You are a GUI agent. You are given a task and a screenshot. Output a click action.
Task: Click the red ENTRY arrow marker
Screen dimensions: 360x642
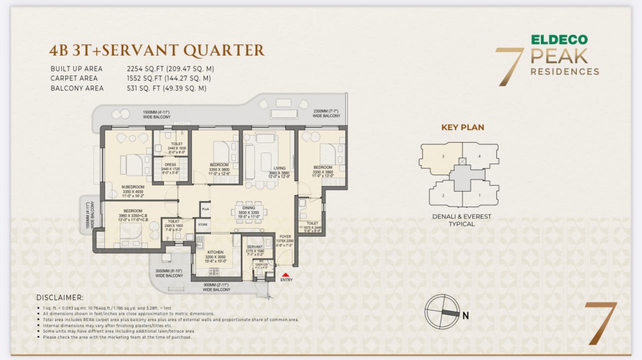(x=285, y=274)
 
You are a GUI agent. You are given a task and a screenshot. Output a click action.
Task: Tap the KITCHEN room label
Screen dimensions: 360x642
(x=215, y=252)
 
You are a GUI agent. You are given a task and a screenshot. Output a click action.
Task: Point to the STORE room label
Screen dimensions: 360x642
(x=202, y=225)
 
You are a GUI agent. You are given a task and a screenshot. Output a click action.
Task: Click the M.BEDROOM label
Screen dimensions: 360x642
(x=133, y=188)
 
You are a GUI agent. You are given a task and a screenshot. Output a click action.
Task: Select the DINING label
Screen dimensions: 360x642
(x=248, y=208)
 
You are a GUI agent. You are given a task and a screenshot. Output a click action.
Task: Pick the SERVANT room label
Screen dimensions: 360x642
(x=255, y=246)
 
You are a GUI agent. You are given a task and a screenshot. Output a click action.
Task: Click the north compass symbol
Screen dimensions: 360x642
(x=442, y=312)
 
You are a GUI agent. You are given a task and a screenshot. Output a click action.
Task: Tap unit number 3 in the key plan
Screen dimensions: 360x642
(x=443, y=156)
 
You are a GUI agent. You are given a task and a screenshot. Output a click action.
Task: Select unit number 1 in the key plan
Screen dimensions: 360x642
(x=479, y=195)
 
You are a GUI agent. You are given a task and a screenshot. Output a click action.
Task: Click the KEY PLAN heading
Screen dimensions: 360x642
(x=462, y=127)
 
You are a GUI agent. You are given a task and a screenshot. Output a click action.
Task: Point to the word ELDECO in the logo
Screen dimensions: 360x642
(x=559, y=40)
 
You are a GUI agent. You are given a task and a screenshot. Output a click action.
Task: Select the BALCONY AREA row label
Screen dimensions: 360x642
(x=77, y=88)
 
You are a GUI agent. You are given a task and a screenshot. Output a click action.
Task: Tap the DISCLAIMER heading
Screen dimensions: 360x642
(x=60, y=297)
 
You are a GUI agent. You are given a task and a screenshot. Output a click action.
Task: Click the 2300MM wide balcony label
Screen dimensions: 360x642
(x=326, y=113)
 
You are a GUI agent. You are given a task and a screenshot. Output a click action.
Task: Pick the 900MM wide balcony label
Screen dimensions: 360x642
(x=216, y=287)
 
